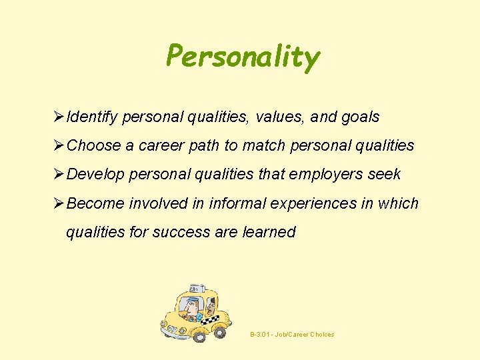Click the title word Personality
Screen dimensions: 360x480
(x=243, y=57)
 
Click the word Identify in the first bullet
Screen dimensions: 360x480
(x=93, y=117)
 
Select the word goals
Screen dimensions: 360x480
(x=359, y=117)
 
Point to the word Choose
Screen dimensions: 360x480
(x=95, y=145)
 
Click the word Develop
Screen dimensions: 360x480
(x=96, y=175)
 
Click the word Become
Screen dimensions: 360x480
(x=96, y=203)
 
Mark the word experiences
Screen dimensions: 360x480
(x=317, y=203)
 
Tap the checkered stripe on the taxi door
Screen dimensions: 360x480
(x=211, y=320)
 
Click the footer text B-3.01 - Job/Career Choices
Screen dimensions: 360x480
(x=292, y=335)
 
